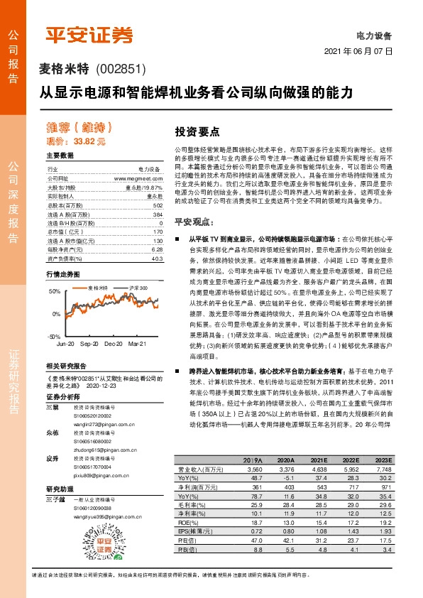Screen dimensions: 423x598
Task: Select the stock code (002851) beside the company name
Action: (119, 69)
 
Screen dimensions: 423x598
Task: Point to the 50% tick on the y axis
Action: (55, 292)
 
